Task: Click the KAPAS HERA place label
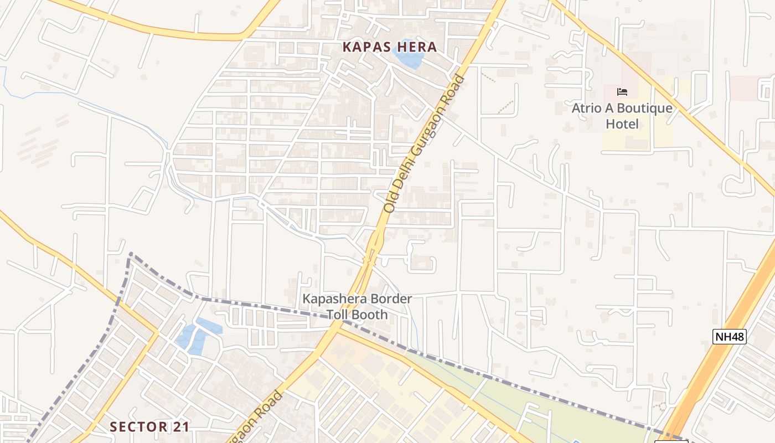390,47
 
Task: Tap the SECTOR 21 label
149,427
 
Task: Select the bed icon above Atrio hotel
622,91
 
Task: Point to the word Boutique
644,109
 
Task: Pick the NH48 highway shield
729,336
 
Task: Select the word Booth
370,315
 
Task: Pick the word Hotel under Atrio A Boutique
622,124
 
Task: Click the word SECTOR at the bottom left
138,427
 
